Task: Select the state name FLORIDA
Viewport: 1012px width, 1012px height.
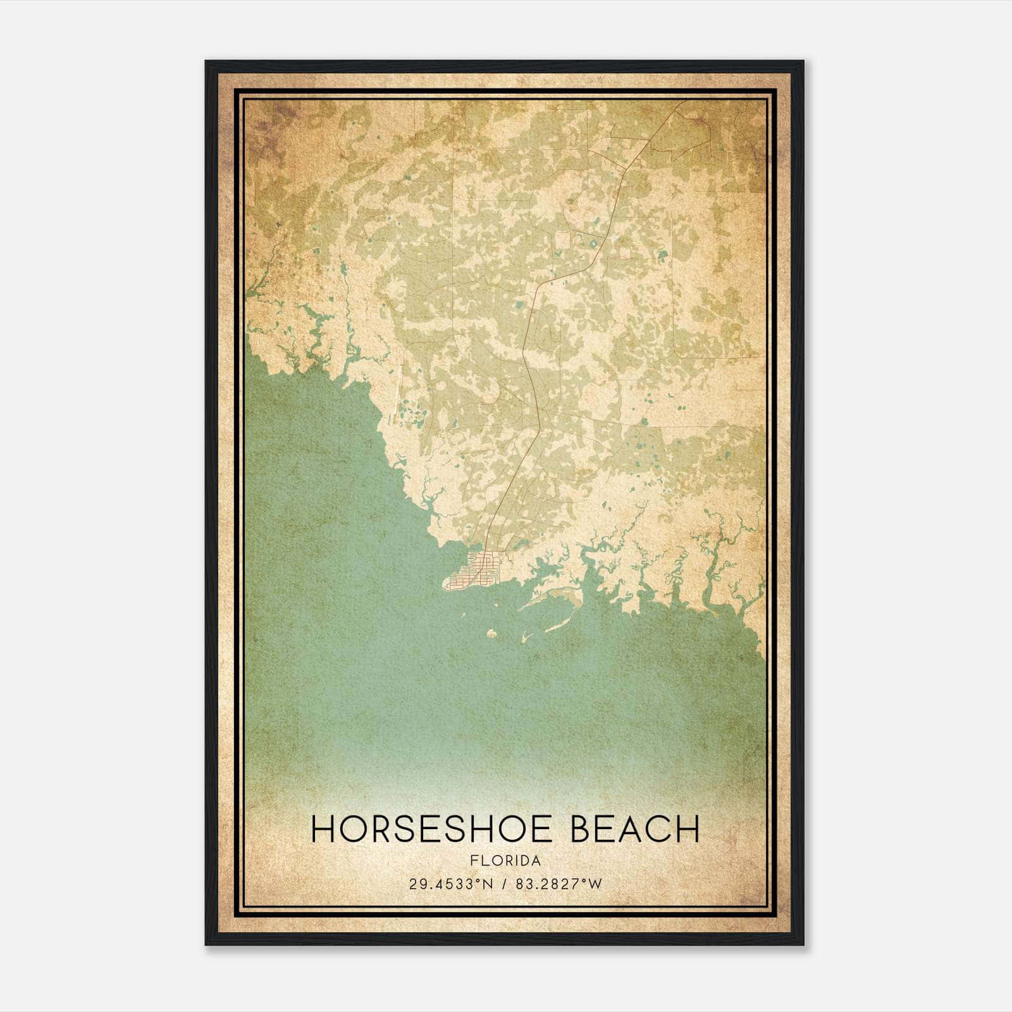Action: tap(505, 861)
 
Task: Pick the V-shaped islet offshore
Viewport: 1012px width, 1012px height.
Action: tap(524, 636)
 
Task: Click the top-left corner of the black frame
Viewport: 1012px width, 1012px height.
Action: tap(207, 62)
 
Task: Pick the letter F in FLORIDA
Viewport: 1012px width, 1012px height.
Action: tap(474, 861)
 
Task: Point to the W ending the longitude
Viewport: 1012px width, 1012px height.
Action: tap(596, 884)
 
